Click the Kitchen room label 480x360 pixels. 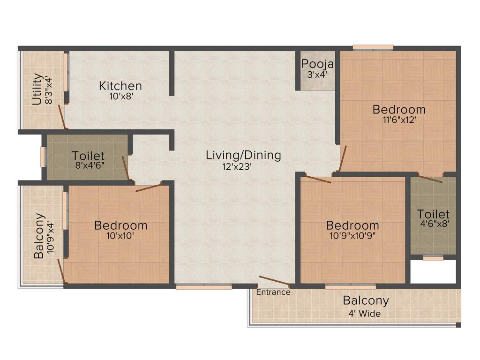pos(120,86)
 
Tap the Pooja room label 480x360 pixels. pos(317,64)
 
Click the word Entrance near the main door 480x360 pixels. pos(273,292)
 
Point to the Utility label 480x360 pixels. pos(37,89)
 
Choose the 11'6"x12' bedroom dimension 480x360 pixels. pos(399,120)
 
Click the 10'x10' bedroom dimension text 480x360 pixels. pos(120,236)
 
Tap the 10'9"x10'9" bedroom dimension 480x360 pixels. pos(352,235)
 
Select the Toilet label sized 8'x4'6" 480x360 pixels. pos(88,156)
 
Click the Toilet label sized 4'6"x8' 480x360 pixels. pos(433,215)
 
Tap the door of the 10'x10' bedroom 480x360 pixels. pos(149,187)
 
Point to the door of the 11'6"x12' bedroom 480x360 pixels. pos(343,159)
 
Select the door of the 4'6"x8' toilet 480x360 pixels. pos(430,179)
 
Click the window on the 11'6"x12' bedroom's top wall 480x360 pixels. pos(373,47)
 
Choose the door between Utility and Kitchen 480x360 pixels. pos(61,117)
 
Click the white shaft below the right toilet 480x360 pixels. pos(433,271)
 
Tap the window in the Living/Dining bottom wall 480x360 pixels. pos(204,287)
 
